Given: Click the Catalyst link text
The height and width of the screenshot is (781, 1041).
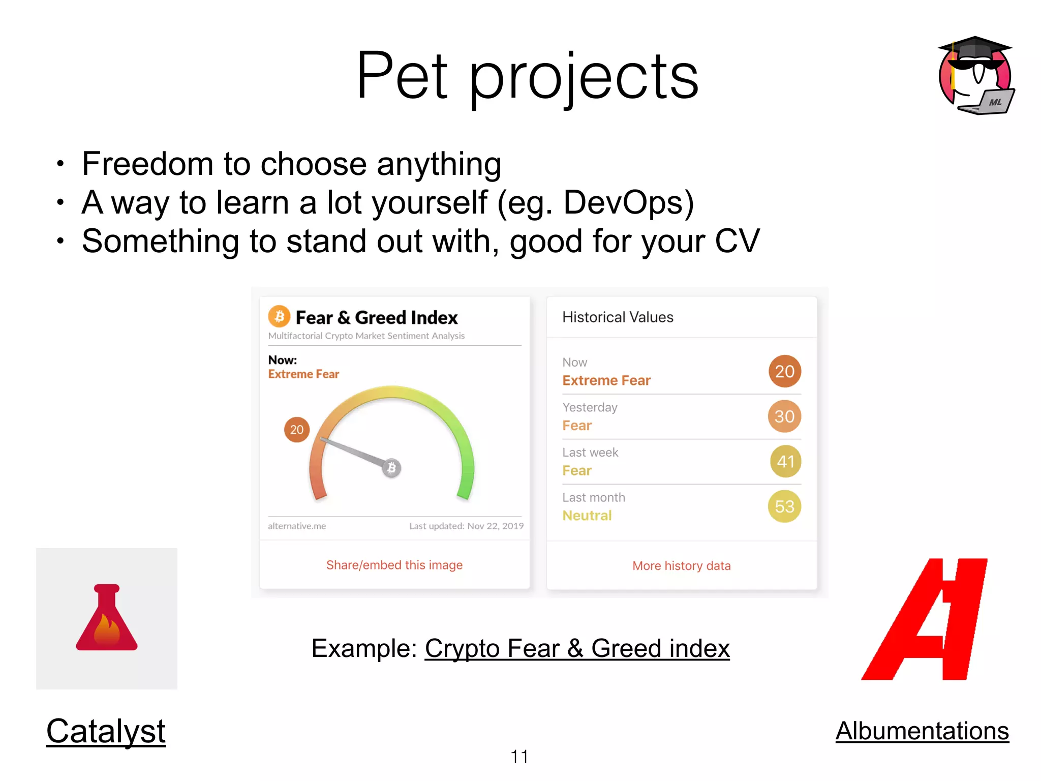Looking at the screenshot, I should point(106,731).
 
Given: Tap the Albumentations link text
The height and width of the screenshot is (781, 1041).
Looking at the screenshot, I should point(922,731).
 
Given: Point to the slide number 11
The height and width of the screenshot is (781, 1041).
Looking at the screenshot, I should point(519,757).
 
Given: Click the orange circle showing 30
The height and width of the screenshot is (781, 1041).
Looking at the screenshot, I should point(784,416).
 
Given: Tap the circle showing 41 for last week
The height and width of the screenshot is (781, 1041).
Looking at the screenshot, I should point(785,461).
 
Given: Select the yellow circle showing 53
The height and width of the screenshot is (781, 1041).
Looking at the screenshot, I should point(784,506).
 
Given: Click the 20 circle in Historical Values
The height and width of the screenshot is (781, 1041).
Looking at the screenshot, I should point(784,371).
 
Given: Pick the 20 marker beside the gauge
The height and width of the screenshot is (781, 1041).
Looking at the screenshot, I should point(297,430).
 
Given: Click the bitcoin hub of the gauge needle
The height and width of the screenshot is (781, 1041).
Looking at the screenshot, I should point(391,468).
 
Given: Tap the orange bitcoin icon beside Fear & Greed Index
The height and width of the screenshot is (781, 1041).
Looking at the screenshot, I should point(279,317).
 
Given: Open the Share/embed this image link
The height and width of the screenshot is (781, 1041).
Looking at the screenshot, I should point(394,565).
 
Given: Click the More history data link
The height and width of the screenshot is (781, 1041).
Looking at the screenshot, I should point(682,566).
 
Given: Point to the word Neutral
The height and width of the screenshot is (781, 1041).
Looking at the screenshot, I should point(587,516).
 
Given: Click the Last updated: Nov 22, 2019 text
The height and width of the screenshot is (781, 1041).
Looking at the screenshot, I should point(466,526).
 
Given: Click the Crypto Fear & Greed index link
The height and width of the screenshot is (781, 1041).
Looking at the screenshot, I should point(577,648).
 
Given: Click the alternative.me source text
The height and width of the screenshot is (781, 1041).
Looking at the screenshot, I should point(297,526).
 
